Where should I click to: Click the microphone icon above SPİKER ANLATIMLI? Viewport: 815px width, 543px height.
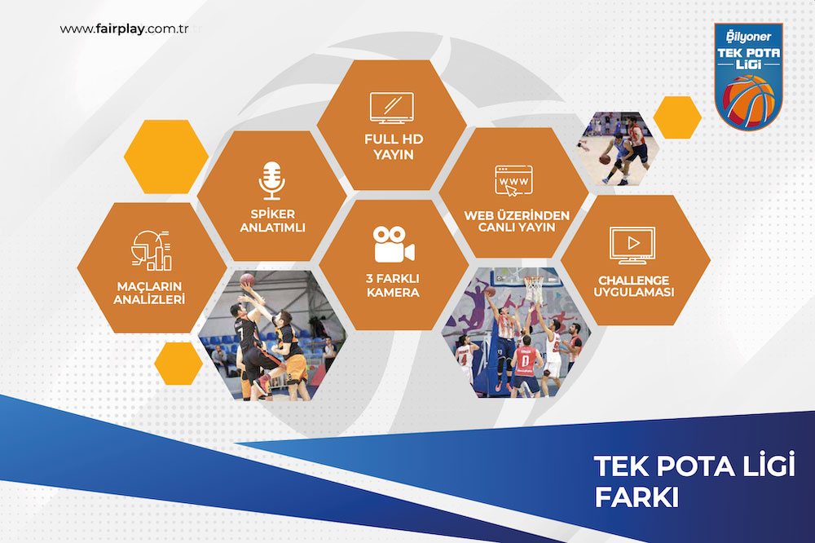tap(272, 180)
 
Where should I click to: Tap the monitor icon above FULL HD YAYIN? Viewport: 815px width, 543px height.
tap(392, 108)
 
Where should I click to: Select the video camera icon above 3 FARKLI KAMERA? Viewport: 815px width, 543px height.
tap(394, 244)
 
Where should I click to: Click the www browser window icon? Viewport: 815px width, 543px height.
tap(513, 181)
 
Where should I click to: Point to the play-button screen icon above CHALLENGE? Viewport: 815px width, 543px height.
tap(632, 245)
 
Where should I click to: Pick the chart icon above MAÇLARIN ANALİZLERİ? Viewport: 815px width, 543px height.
tap(152, 250)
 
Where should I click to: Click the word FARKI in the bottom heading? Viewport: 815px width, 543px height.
tap(637, 497)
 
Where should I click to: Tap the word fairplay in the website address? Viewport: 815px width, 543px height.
tap(120, 29)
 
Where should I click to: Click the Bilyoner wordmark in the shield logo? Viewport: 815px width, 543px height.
tap(748, 37)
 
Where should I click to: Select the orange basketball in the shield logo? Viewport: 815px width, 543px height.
tap(748, 101)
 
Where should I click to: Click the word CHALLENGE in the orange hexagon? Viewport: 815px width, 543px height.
tap(633, 280)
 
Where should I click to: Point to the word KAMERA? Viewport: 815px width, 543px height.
tap(393, 293)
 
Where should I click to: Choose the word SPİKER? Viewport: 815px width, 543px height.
tap(272, 214)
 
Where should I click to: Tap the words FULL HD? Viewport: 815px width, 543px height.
tap(394, 139)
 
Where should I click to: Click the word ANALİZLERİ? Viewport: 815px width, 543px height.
tap(149, 299)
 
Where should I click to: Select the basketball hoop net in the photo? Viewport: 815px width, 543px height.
tap(533, 288)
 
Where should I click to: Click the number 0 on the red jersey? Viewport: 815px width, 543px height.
tap(526, 360)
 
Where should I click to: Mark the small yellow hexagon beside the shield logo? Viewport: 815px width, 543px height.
tap(677, 117)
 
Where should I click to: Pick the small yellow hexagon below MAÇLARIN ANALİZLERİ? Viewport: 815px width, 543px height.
tap(178, 364)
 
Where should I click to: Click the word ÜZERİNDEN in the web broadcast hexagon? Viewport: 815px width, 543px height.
tap(533, 214)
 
